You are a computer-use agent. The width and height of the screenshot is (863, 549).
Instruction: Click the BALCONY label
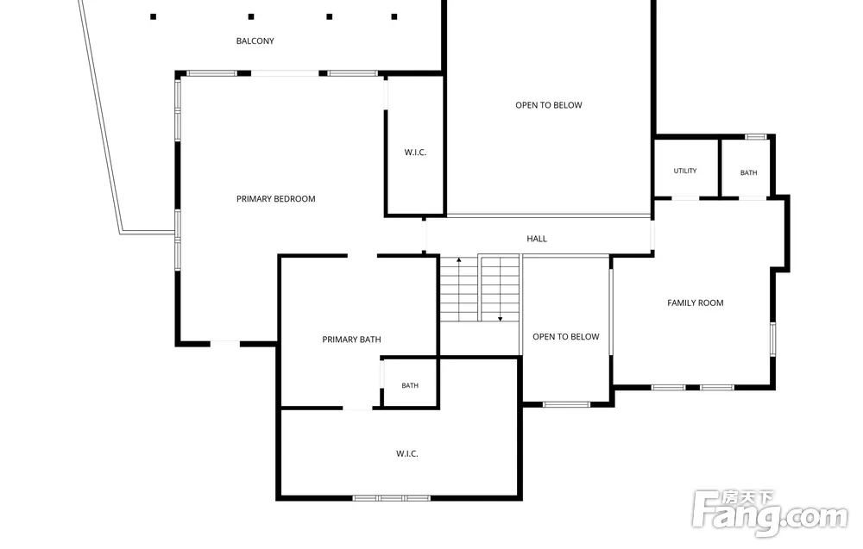[x=255, y=41]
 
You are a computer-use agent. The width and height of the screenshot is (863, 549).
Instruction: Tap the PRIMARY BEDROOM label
[x=276, y=199]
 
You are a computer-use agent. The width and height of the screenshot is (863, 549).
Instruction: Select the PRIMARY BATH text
[x=351, y=340]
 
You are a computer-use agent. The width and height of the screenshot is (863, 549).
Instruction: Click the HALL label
[x=537, y=239]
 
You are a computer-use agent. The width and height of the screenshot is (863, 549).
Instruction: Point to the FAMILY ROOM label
[x=695, y=303]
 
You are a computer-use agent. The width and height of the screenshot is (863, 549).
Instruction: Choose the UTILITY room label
[x=685, y=171]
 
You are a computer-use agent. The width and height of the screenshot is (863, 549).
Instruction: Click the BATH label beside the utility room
[x=748, y=172]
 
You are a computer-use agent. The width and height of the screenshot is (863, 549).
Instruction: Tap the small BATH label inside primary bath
[x=410, y=386]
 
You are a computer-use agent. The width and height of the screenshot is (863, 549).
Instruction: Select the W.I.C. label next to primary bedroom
[x=416, y=153]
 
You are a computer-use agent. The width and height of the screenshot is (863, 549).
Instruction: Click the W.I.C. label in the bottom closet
[x=407, y=453]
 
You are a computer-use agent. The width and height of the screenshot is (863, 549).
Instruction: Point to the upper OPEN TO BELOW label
[x=549, y=105]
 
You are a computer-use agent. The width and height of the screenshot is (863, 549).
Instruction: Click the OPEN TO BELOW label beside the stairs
[x=566, y=336]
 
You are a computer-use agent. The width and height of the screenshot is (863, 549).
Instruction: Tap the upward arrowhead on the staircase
[x=458, y=259]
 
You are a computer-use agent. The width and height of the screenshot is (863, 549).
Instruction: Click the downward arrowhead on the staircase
[x=501, y=319]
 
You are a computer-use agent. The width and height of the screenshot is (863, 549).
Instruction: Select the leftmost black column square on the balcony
[x=154, y=16]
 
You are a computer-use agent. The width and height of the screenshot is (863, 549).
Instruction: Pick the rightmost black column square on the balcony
[x=394, y=16]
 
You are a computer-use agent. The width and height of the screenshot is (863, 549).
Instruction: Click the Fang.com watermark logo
[x=770, y=513]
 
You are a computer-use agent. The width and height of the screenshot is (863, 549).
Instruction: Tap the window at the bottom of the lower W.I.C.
[x=391, y=498]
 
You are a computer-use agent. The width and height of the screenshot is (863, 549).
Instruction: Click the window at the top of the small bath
[x=756, y=137]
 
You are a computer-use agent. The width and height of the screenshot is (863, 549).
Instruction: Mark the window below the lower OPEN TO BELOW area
[x=566, y=405]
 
